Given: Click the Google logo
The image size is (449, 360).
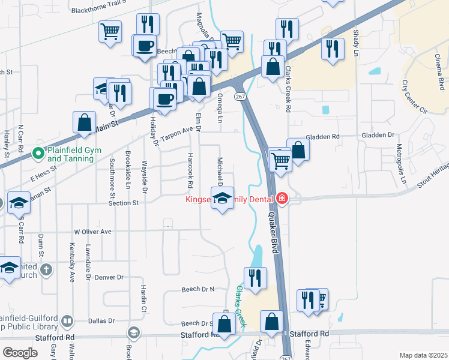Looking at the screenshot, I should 20,352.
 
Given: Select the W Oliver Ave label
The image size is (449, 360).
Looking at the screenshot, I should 93,232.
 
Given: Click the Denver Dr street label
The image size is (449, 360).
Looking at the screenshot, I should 109,277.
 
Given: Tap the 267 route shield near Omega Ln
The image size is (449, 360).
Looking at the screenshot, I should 240,97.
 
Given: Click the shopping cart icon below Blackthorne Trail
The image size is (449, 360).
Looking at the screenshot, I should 110,31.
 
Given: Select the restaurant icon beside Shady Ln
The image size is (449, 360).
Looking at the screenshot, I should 332,49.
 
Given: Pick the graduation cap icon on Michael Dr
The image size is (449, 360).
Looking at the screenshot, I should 222,198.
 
